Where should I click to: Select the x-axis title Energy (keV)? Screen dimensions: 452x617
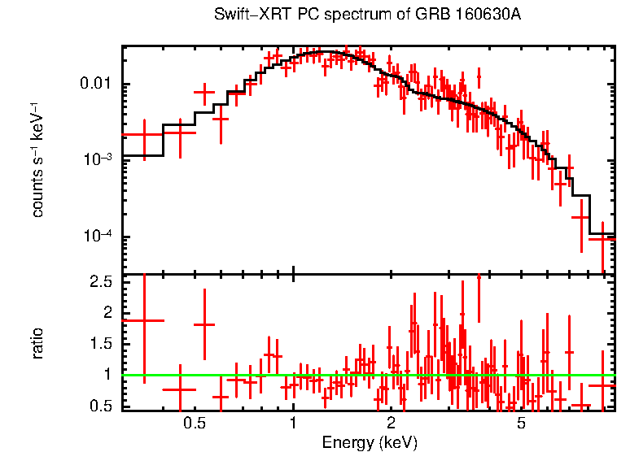tap(370, 442)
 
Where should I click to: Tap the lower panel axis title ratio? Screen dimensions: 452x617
tap(37, 344)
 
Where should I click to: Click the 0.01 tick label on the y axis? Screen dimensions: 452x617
tap(95, 85)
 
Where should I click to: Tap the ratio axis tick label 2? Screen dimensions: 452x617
tap(107, 313)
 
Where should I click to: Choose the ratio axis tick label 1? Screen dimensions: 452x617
tap(107, 375)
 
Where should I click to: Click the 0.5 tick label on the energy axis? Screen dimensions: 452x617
tap(194, 423)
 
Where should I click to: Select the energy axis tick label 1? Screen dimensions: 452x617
tap(293, 423)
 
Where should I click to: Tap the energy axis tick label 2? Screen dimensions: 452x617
tap(391, 423)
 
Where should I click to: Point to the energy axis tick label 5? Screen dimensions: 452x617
tap(521, 423)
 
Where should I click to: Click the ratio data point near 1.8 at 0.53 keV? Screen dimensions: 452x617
tap(203, 324)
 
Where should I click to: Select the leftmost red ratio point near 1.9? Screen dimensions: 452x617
tap(144, 320)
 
